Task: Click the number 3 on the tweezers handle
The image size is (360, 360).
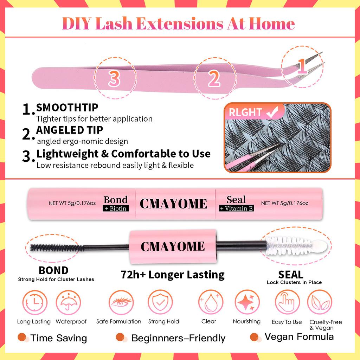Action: [x=114, y=78]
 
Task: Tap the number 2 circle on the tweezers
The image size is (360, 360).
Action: [x=214, y=78]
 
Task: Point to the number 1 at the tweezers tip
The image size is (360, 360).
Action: [x=301, y=64]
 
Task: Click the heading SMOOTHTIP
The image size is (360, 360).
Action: [x=67, y=107]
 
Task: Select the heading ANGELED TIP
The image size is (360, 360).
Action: [x=70, y=130]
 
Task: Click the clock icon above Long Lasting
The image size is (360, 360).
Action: [x=34, y=302]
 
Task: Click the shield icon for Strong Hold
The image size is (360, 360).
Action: [x=160, y=302]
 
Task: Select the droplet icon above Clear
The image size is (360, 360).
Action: [x=211, y=302]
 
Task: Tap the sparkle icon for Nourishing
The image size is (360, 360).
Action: [x=247, y=302]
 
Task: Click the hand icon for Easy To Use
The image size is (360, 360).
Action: [x=287, y=302]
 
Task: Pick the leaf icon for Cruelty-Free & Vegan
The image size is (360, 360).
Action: [x=320, y=302]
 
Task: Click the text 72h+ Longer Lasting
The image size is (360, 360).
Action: [x=172, y=275]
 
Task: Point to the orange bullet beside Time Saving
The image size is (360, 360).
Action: [x=22, y=337]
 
